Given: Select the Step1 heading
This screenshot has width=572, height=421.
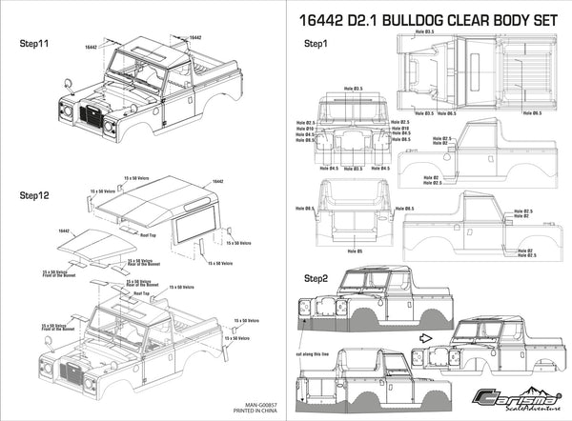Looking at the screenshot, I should point(316,45).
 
